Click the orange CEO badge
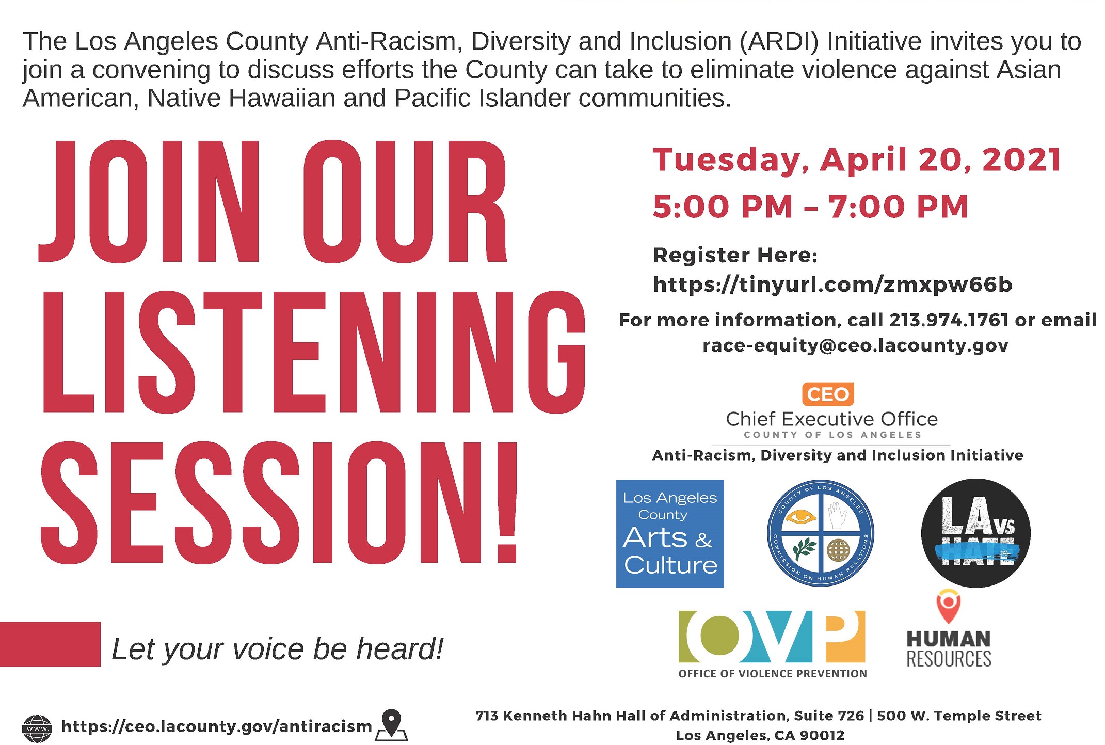point(828,394)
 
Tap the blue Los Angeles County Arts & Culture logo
point(669,533)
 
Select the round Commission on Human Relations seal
point(820,533)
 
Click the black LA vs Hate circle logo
point(975,533)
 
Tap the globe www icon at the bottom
point(37,728)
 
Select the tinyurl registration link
point(832,284)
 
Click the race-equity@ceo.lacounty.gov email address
point(855,345)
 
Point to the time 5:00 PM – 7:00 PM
point(810,207)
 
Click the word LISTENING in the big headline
point(313,352)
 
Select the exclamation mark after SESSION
point(506,502)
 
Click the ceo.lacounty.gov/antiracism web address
point(217,726)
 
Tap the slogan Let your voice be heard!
point(277,649)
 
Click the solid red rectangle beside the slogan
point(50,644)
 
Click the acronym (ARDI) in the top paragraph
point(779,42)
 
